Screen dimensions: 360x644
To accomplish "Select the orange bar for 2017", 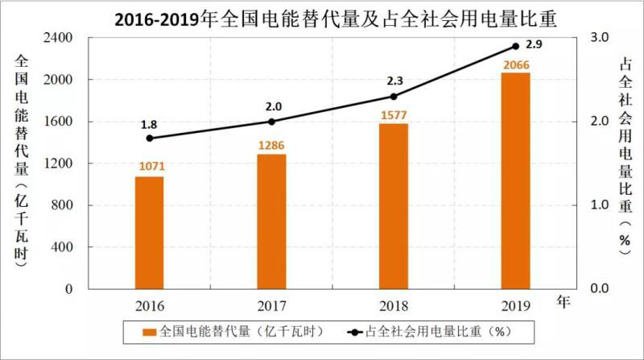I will [271, 221].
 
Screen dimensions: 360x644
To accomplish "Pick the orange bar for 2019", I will [516, 180].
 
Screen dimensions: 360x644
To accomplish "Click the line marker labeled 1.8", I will [149, 138].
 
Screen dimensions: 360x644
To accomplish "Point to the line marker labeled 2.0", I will [271, 122].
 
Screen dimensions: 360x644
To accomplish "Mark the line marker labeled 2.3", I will [394, 97].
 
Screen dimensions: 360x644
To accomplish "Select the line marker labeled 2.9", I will [516, 46].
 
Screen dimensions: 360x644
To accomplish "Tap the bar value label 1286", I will [271, 146].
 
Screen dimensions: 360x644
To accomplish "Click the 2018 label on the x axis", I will [394, 305].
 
